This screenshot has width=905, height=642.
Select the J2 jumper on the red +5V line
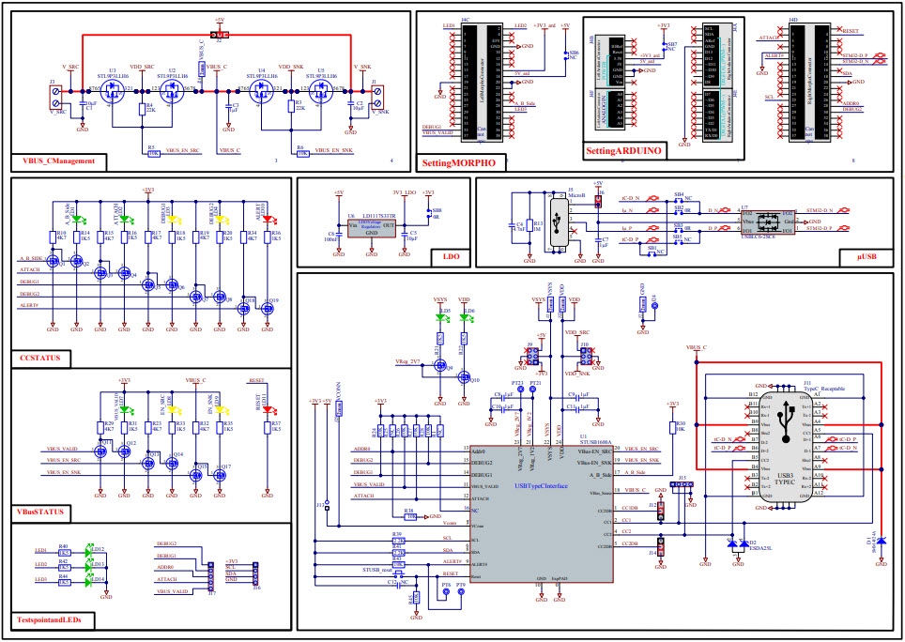219,38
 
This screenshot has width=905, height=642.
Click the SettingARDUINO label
623,150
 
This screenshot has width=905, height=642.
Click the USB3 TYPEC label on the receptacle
787,481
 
